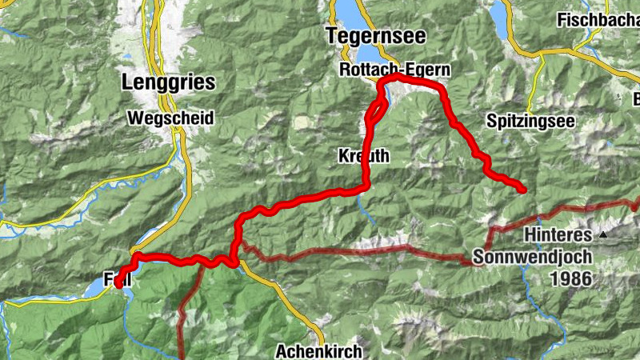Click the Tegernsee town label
pyautogui.click(x=375, y=36)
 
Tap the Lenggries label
pyautogui.click(x=169, y=82)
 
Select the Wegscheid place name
pyautogui.click(x=170, y=118)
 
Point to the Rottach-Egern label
pyautogui.click(x=394, y=70)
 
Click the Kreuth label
pyautogui.click(x=363, y=156)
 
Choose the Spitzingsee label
pyautogui.click(x=522, y=120)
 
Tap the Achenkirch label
pyautogui.click(x=318, y=350)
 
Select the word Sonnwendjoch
pyautogui.click(x=531, y=258)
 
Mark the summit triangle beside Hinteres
pyautogui.click(x=603, y=234)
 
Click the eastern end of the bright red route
pyautogui.click(x=523, y=190)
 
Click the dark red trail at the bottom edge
pyautogui.click(x=182, y=352)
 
